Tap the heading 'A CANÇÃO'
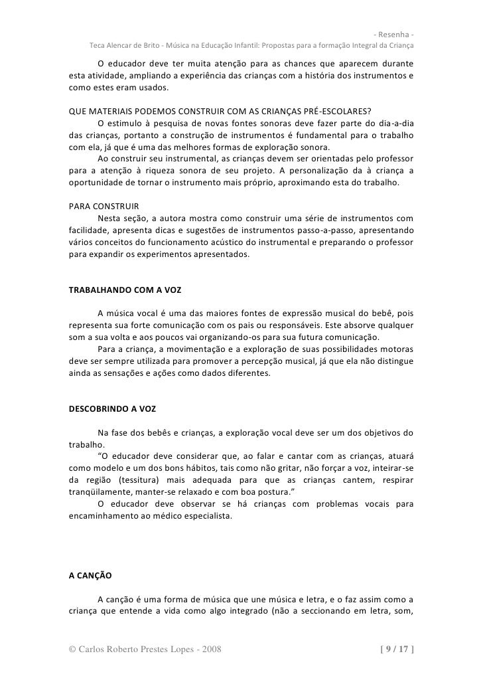point(90,575)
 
